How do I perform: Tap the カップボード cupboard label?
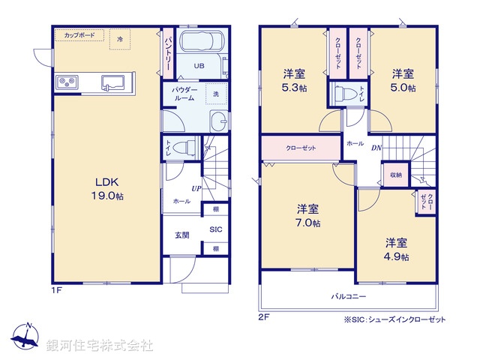78,36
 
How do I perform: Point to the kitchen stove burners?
65,81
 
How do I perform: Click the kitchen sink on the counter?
114,81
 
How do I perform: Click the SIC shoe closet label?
214,229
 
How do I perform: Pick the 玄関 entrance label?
181,235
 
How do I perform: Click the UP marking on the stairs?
196,188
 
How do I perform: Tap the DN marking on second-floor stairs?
376,148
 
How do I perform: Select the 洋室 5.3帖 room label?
293,80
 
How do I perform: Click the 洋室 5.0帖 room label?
403,80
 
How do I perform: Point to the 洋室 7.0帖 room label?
307,215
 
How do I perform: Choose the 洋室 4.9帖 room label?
397,249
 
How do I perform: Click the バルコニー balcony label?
349,297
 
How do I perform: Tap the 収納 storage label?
395,175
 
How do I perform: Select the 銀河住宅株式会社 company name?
100,346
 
